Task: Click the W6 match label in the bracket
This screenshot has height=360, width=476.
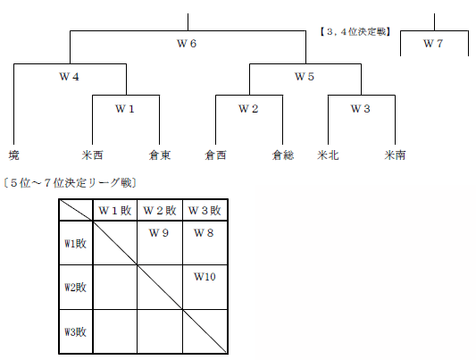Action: [x=187, y=44]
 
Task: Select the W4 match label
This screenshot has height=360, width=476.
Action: [x=70, y=77]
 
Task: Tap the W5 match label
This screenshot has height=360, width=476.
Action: [x=305, y=77]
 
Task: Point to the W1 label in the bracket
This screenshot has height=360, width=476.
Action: [x=124, y=109]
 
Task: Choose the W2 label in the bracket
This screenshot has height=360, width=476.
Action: [x=248, y=109]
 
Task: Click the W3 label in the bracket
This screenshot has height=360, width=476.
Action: [x=361, y=109]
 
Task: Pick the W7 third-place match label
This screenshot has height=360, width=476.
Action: [x=433, y=44]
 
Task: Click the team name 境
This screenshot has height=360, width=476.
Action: [x=13, y=155]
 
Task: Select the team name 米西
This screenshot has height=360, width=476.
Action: [x=92, y=155]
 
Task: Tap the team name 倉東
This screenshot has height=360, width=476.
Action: [x=160, y=155]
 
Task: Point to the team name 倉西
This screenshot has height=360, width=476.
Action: [x=215, y=155]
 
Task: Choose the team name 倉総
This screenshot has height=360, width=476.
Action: [x=283, y=155]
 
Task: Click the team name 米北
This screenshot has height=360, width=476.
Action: [x=328, y=155]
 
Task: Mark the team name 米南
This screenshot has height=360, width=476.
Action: [x=395, y=155]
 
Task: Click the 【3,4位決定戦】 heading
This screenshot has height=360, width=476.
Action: [x=355, y=31]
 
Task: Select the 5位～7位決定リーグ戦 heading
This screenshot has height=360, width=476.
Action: [x=70, y=183]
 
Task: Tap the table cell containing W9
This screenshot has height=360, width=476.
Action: [x=160, y=243]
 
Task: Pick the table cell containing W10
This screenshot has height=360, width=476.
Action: [x=205, y=287]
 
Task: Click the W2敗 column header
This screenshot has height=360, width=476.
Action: [x=160, y=210]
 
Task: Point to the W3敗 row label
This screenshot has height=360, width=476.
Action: [x=76, y=331]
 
